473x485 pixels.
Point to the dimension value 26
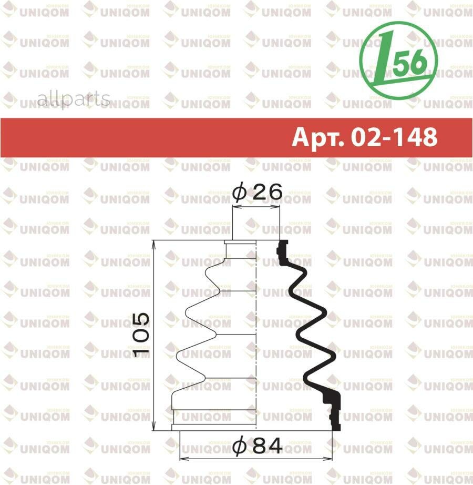pos(266,193)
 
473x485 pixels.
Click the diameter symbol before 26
pos(239,193)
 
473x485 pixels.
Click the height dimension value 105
pos(141,335)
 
